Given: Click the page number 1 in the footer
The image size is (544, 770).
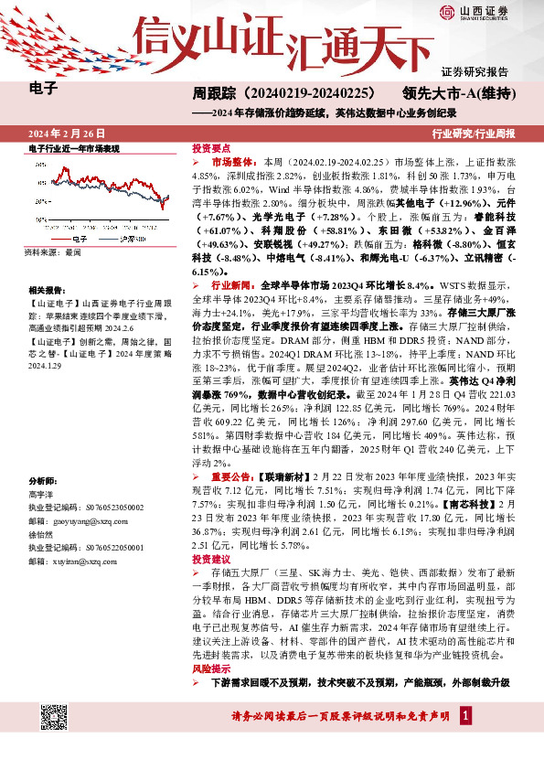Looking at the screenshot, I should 465,714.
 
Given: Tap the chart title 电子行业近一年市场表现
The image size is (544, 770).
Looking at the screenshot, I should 74,148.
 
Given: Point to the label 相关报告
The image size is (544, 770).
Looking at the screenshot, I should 46,287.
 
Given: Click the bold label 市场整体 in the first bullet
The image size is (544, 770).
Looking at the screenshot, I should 229,158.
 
